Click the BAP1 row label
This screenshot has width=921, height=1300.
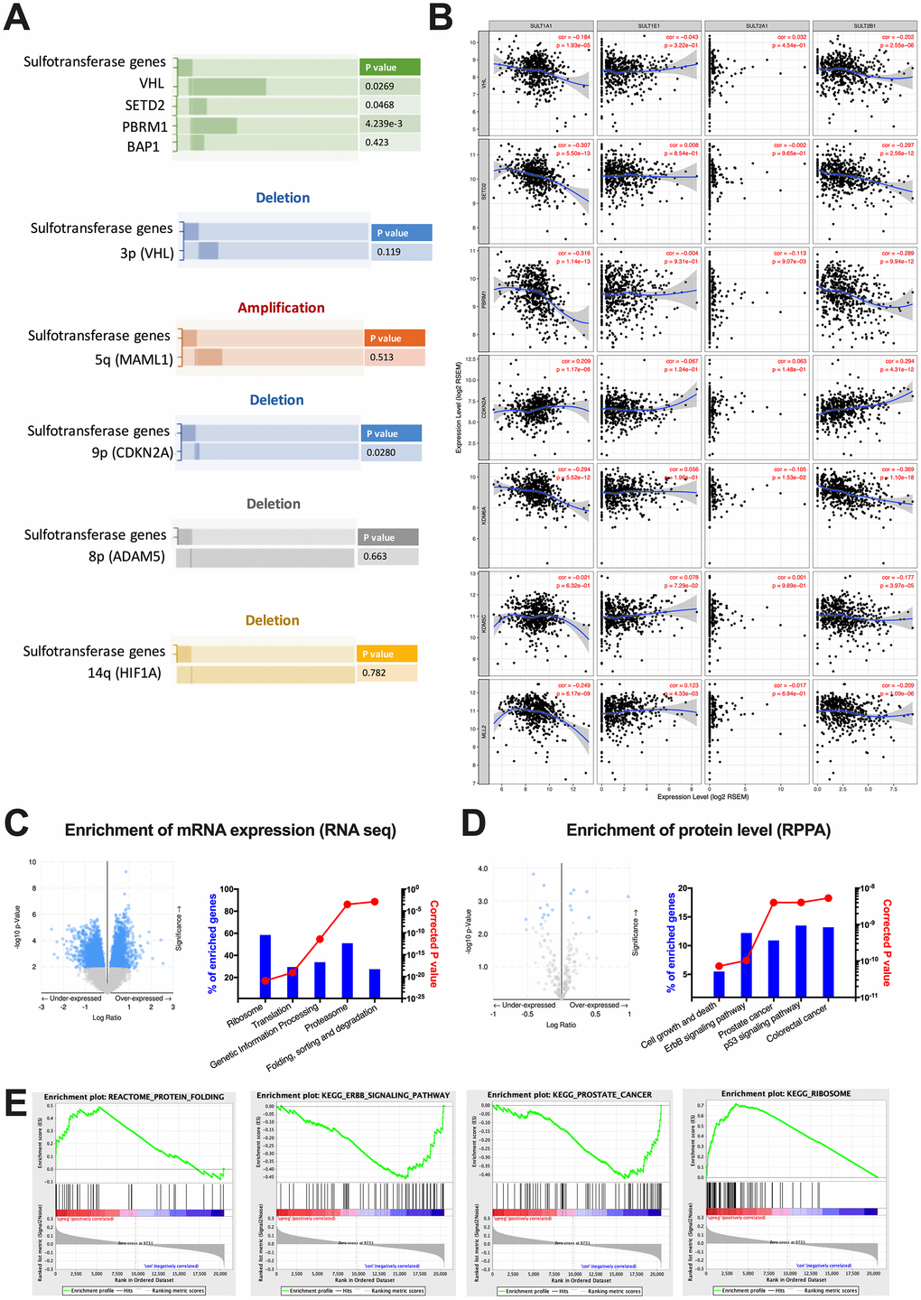pyautogui.click(x=143, y=146)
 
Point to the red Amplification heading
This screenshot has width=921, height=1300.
pyautogui.click(x=281, y=308)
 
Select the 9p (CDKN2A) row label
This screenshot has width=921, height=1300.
pyautogui.click(x=132, y=452)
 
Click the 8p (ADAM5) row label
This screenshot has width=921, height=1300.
pyautogui.click(x=126, y=556)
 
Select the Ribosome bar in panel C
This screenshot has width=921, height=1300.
pyautogui.click(x=265, y=966)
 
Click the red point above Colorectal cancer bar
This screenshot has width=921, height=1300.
pyautogui.click(x=828, y=898)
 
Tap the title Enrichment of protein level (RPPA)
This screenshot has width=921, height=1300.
pyautogui.click(x=698, y=830)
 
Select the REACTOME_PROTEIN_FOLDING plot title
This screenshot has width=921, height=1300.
pyautogui.click(x=134, y=1097)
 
